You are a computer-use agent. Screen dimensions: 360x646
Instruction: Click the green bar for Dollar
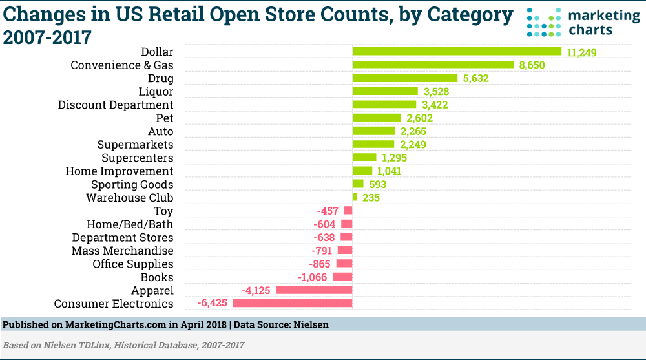(x=457, y=51)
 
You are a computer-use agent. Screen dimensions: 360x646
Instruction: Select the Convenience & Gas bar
(x=433, y=65)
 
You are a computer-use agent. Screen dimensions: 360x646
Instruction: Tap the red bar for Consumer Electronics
(x=293, y=303)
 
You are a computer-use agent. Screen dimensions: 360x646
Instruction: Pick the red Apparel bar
(x=314, y=290)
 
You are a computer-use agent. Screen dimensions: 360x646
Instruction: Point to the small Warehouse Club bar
(x=355, y=197)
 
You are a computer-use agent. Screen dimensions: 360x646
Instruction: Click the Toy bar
(x=348, y=211)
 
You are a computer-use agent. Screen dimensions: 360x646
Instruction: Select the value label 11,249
(x=581, y=52)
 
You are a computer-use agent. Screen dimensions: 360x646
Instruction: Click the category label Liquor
(x=156, y=91)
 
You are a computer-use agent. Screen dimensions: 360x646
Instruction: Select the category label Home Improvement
(x=120, y=171)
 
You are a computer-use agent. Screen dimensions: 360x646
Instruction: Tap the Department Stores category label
(x=123, y=237)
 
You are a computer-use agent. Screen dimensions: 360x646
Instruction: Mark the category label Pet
(x=165, y=118)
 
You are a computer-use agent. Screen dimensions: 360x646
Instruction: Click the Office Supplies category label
(x=133, y=264)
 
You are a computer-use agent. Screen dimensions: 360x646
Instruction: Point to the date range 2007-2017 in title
(x=47, y=37)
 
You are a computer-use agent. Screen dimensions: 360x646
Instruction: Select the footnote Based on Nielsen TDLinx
(x=124, y=345)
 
